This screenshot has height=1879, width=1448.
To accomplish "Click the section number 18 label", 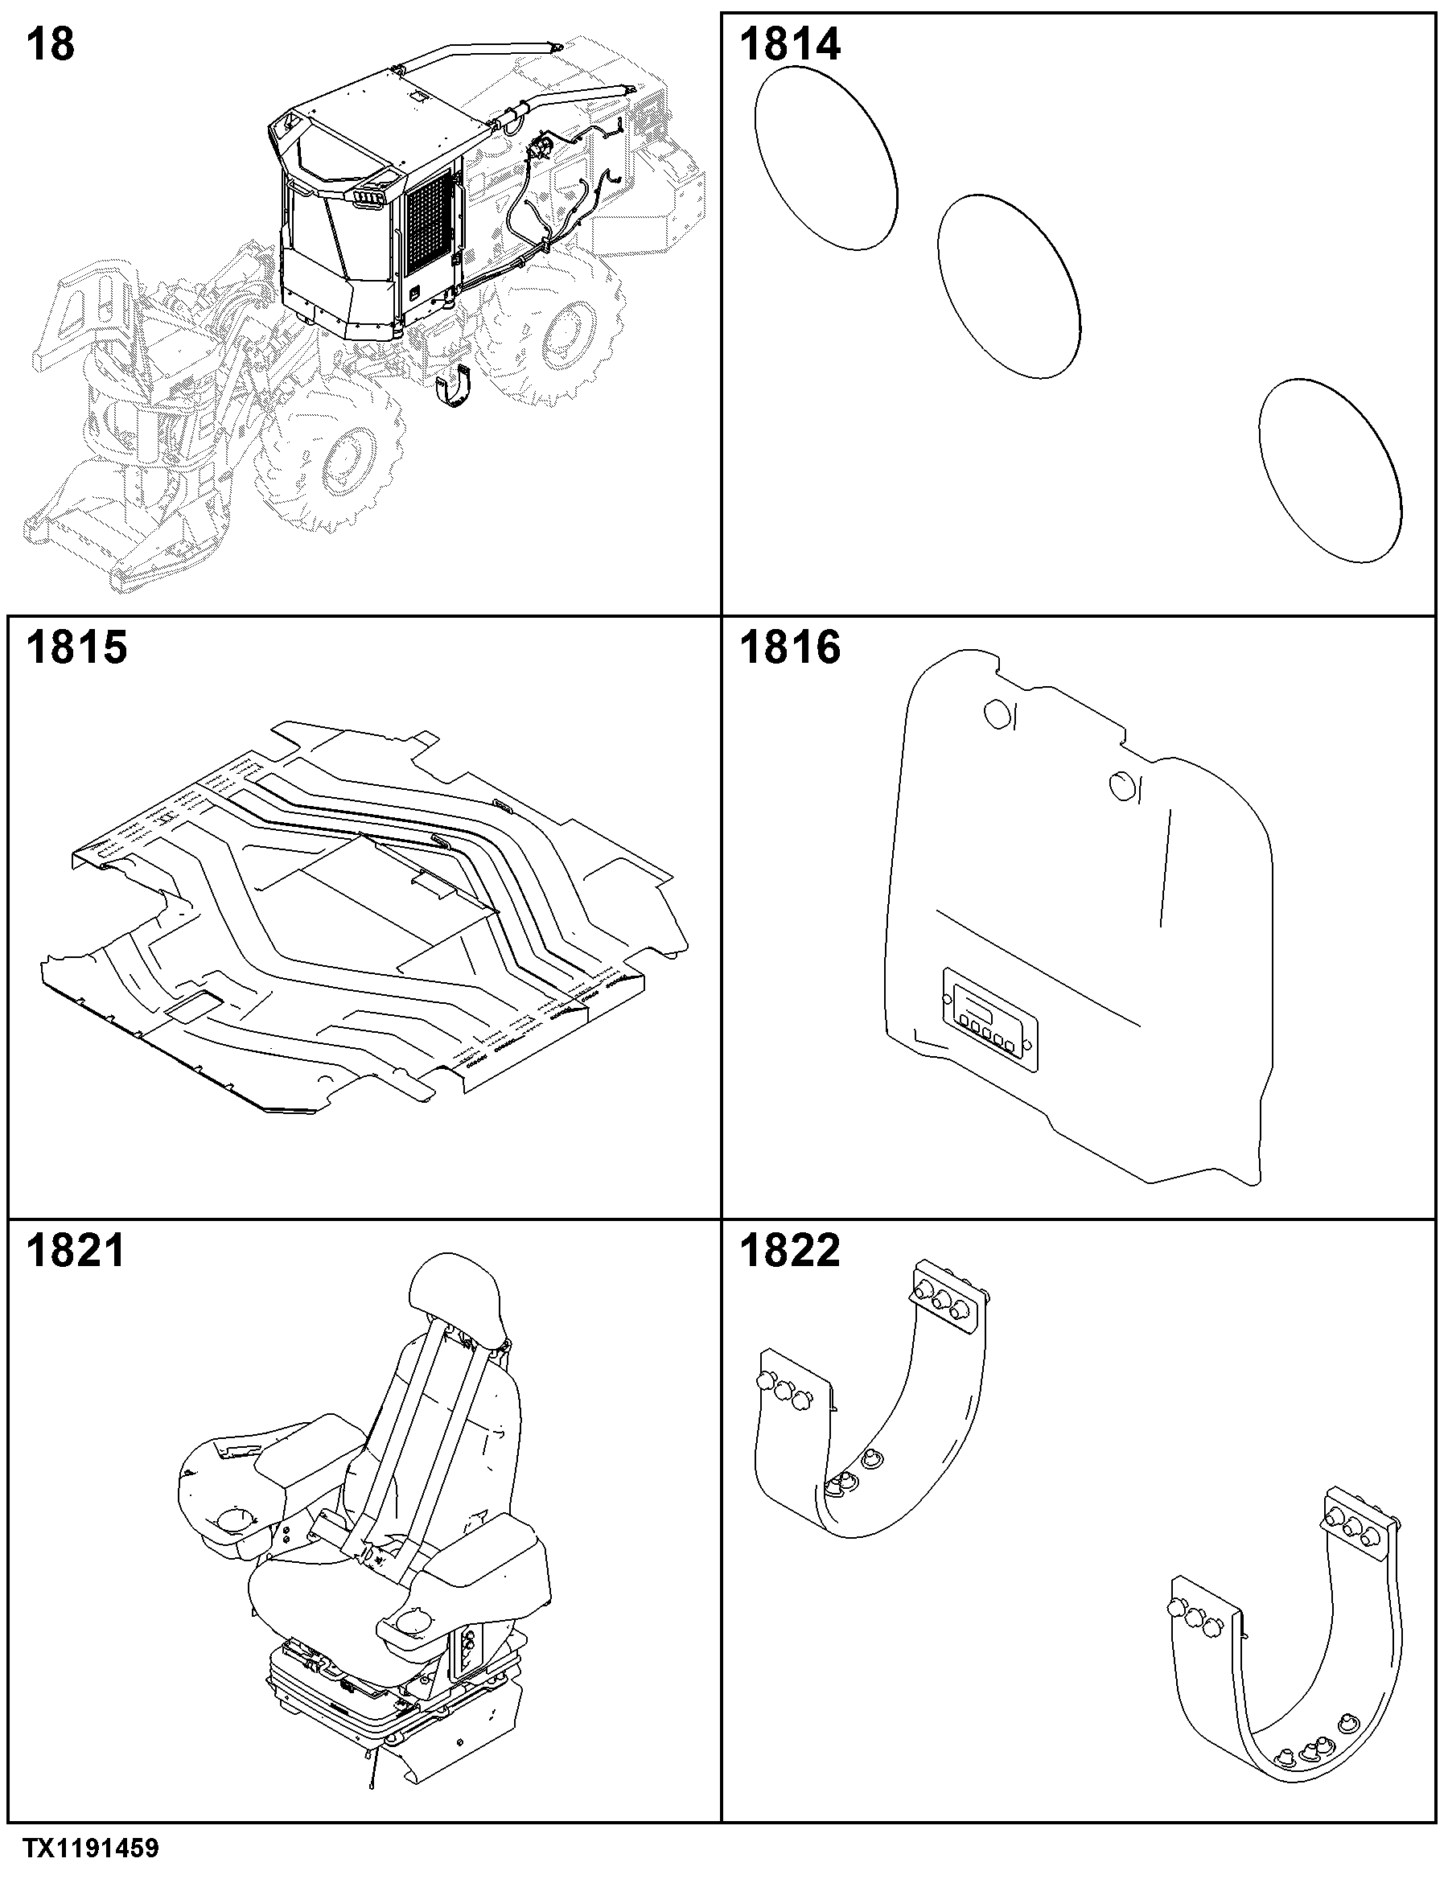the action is [50, 45].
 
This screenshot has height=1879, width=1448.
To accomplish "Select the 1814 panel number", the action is [789, 45].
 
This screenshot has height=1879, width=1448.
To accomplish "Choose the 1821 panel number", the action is [75, 1251].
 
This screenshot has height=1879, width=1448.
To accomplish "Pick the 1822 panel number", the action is [789, 1251].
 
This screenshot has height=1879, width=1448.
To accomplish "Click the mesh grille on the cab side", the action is [429, 226].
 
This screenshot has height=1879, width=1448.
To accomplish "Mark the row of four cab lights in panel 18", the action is [369, 198].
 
